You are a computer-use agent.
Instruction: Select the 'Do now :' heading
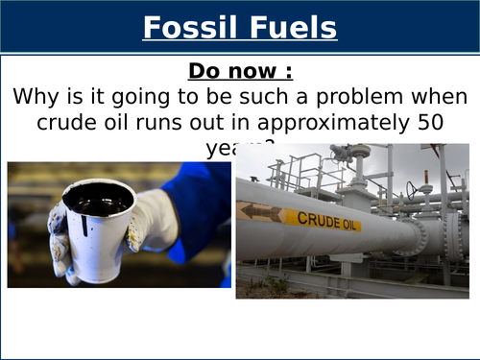tap(239, 71)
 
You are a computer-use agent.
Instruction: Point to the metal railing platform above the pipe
tap(288, 173)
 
